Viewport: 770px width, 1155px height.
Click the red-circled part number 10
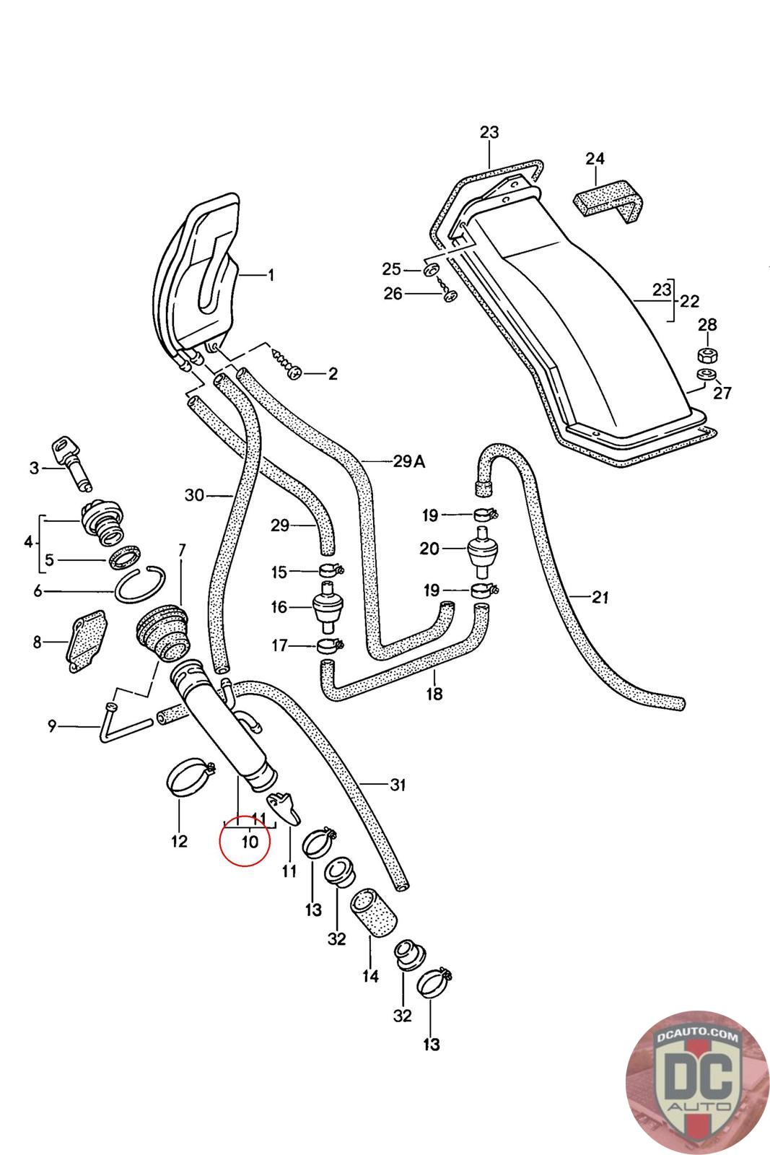coord(250,841)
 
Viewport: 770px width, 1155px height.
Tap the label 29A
coord(408,461)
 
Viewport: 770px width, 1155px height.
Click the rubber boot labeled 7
coord(162,629)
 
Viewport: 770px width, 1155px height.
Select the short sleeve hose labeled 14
coord(374,912)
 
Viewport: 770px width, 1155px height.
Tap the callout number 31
coord(398,785)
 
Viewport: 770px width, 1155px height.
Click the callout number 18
coord(434,694)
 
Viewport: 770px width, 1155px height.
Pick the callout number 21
coord(600,597)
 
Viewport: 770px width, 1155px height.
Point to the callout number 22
coord(689,300)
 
